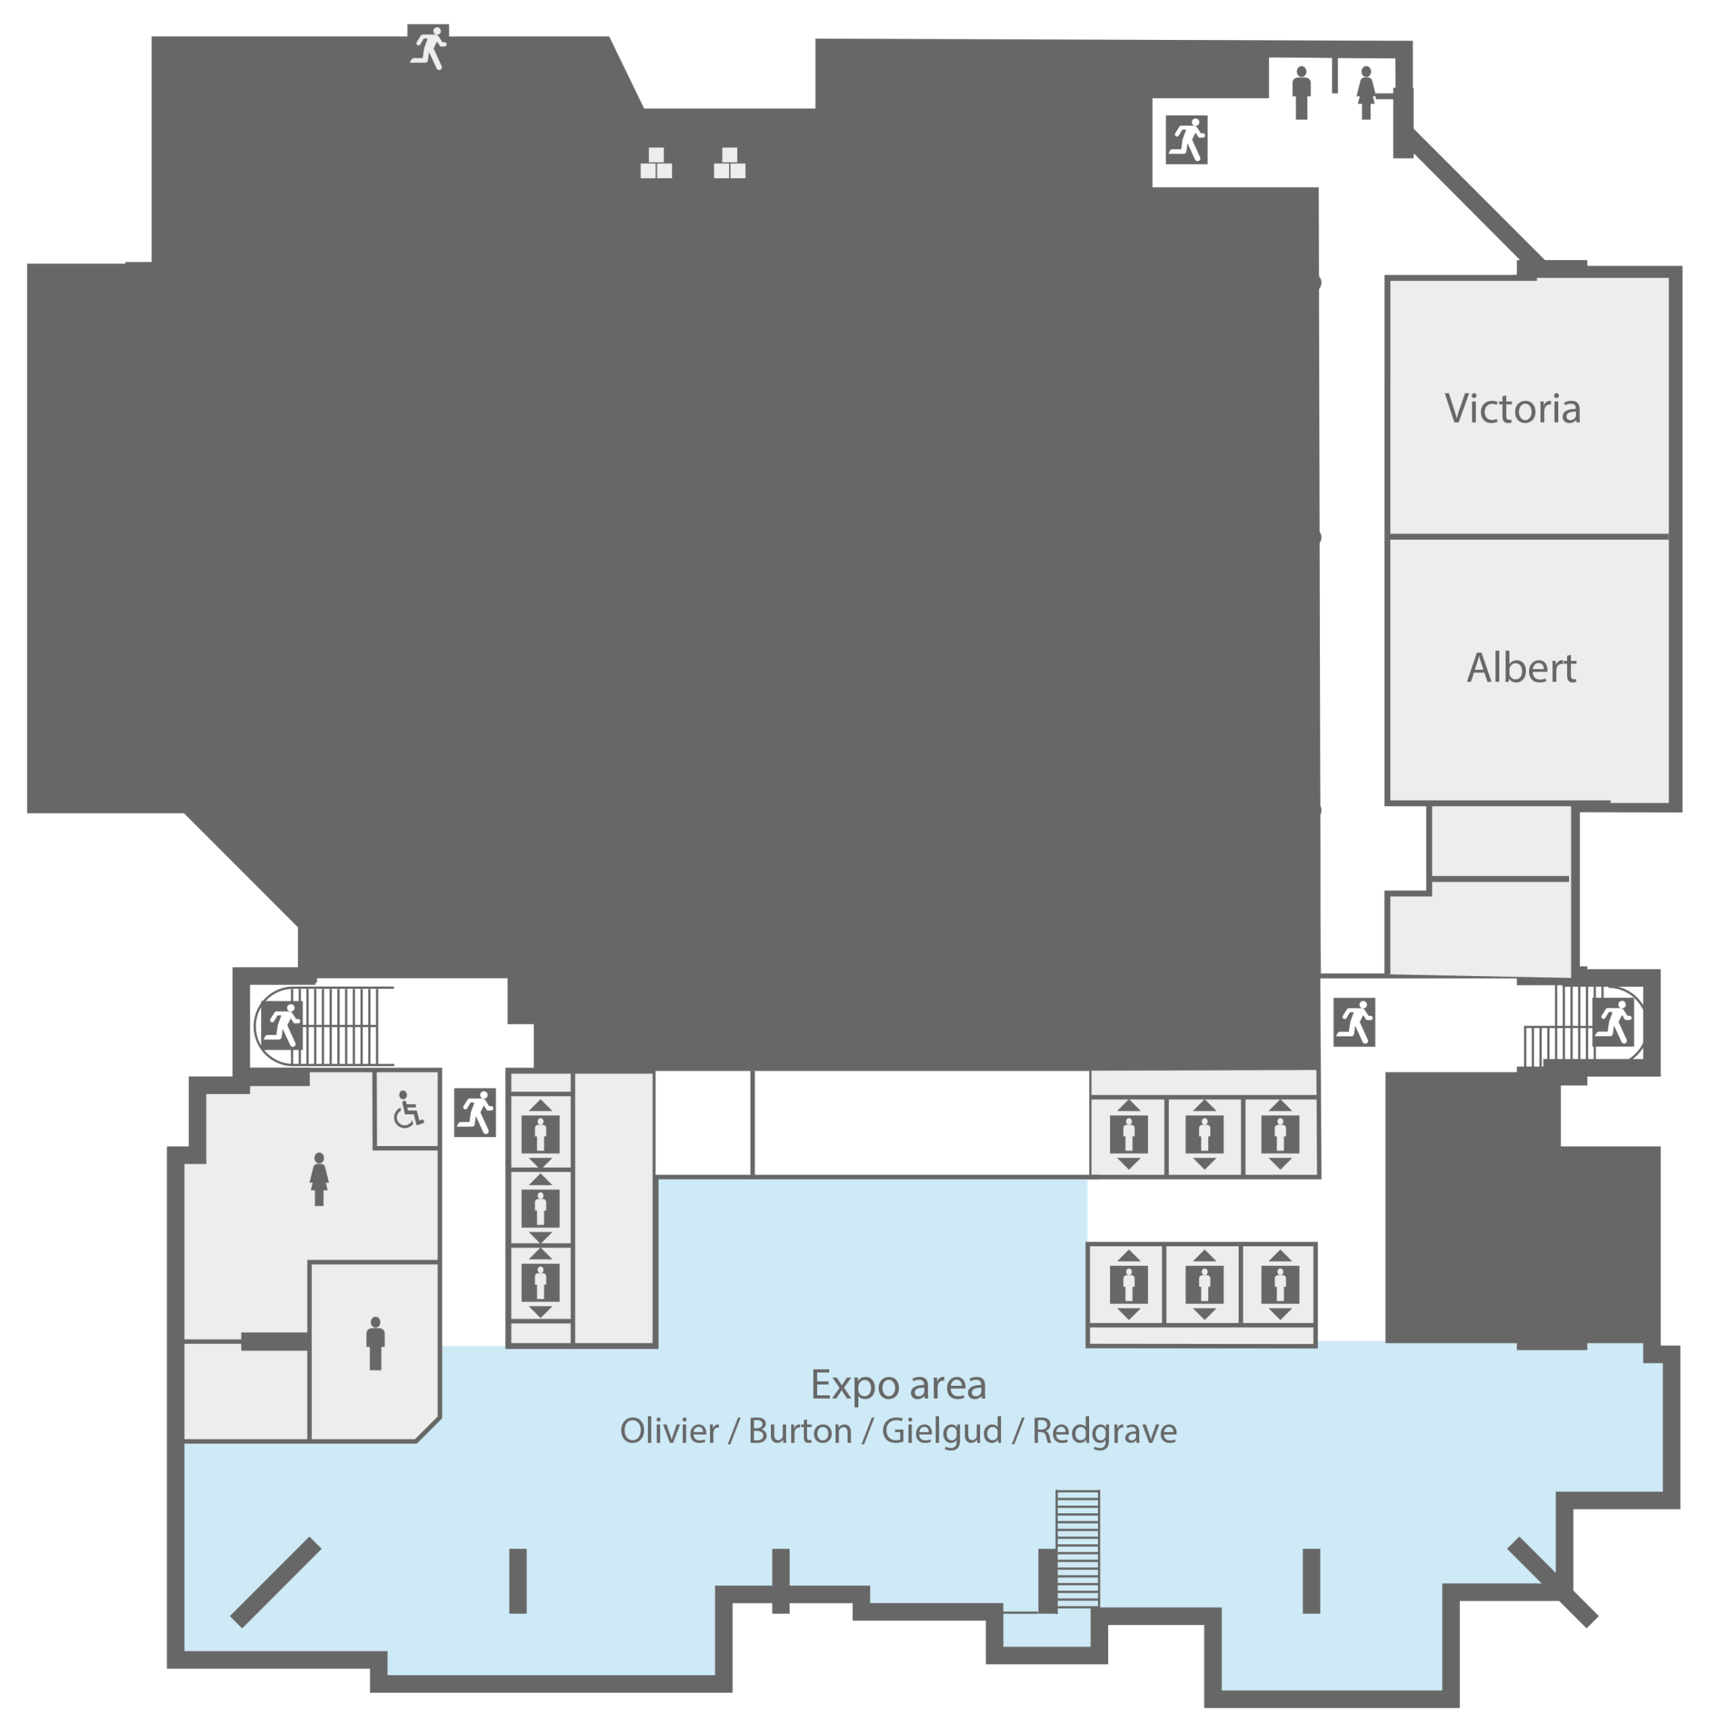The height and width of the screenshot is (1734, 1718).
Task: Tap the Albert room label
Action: [x=1522, y=668]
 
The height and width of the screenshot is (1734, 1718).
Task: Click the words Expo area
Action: [x=898, y=1385]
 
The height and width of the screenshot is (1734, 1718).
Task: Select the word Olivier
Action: [x=669, y=1431]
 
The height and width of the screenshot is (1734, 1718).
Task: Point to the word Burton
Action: [x=799, y=1431]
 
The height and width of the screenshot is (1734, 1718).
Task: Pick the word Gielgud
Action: [x=942, y=1431]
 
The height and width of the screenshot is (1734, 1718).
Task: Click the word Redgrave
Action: [x=1104, y=1431]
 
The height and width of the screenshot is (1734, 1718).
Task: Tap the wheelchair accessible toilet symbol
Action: [x=408, y=1109]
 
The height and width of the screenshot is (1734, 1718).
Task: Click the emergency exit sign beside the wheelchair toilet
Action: [x=475, y=1113]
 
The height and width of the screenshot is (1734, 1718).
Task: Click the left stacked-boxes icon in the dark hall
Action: [x=656, y=163]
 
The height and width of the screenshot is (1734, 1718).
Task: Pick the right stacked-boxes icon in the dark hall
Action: [x=729, y=163]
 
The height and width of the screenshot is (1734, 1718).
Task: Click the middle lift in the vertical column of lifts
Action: [x=540, y=1208]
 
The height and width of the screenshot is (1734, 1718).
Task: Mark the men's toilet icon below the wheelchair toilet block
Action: [x=375, y=1344]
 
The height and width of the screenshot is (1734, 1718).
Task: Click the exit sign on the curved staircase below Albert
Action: [x=1614, y=1023]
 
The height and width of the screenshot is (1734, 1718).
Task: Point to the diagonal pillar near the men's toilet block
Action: [x=276, y=1582]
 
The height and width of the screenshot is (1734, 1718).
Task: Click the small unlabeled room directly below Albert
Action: [x=1500, y=841]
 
